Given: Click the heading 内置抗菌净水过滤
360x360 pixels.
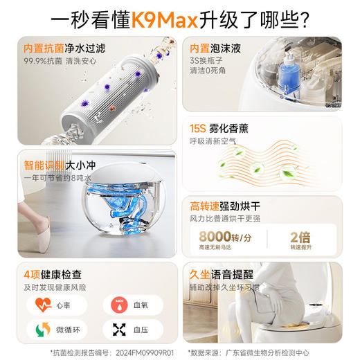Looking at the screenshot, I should (64, 50).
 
